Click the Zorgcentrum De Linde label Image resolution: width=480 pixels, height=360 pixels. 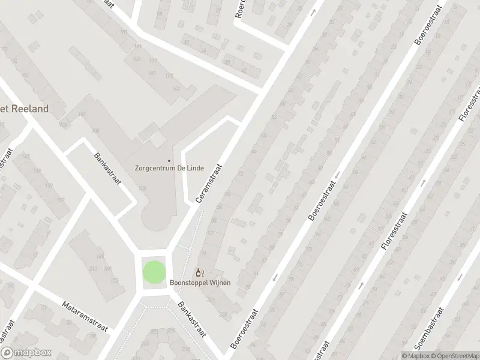[169, 169]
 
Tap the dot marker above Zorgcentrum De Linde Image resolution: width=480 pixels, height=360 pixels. [169, 160]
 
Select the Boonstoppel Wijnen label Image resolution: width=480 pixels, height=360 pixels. [200, 282]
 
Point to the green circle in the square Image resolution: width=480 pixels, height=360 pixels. [153, 272]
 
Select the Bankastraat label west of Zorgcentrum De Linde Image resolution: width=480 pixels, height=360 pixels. [108, 170]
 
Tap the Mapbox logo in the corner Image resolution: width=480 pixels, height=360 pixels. [26, 353]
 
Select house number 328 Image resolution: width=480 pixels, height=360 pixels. [224, 314]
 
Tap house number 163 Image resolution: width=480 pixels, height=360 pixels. [176, 89]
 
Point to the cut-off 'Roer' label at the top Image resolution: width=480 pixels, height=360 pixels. [239, 8]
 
